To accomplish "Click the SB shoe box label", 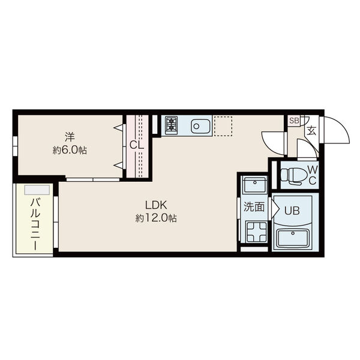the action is (294, 121).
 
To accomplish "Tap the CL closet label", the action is (137, 145).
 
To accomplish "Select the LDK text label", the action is (156, 205).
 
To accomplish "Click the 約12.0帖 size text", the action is (156, 218).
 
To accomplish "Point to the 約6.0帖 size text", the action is (70, 151).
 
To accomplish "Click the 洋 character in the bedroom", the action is (70, 137).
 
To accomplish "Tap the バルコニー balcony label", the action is (35, 224).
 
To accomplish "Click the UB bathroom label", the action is (292, 211).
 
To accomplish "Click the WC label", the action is (313, 175).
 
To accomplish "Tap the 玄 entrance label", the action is (311, 131).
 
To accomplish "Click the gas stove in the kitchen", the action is (171, 126).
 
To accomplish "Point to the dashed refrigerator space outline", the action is (223, 126).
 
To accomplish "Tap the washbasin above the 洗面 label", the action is (255, 184).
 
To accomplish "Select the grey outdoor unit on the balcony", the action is (37, 190).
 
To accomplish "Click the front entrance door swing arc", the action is (343, 126).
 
